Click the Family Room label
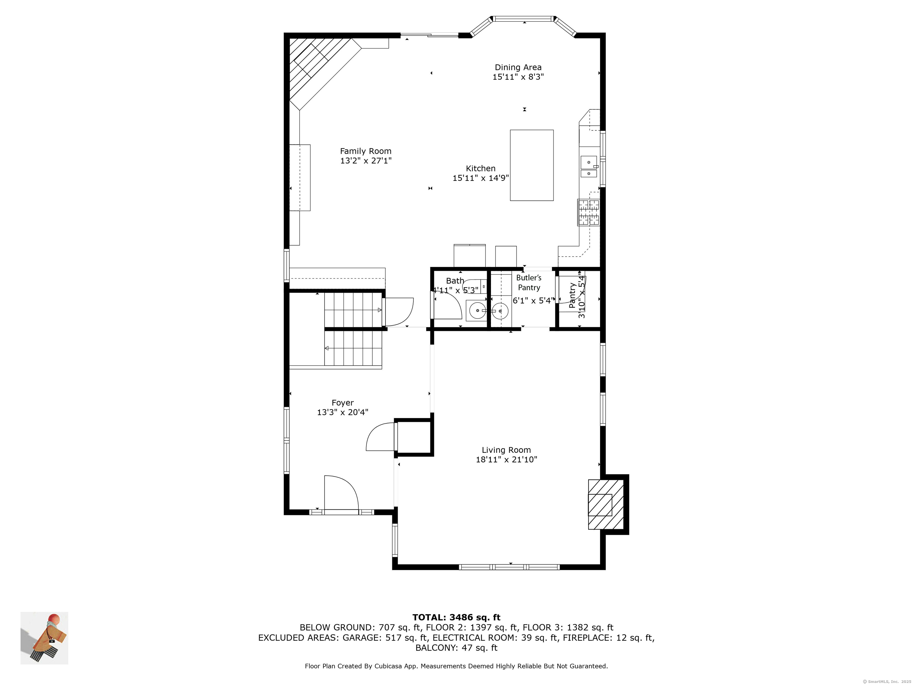click(366, 151)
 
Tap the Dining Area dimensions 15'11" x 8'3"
click(518, 77)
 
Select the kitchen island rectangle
click(532, 165)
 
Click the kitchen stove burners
click(588, 212)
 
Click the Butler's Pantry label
click(529, 283)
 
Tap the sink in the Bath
click(477, 310)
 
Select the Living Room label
click(506, 450)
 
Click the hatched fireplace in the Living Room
click(605, 504)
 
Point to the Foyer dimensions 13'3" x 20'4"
click(343, 412)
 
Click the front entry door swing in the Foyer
click(341, 495)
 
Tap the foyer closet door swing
click(380, 437)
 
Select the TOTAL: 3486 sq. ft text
click(456, 617)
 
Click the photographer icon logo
click(45, 638)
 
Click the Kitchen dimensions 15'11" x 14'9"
click(481, 178)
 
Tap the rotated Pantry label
click(572, 295)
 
